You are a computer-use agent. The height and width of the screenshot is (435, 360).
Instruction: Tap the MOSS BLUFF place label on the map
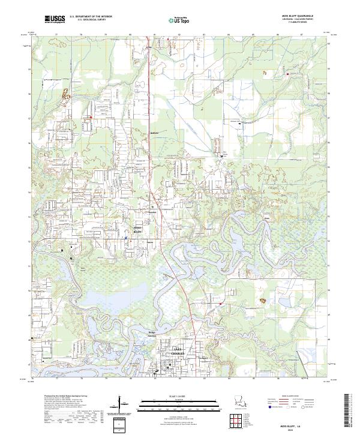pyautogui.click(x=137, y=230)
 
